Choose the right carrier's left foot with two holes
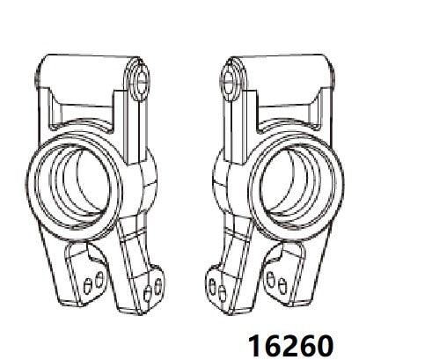tap(217, 283)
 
